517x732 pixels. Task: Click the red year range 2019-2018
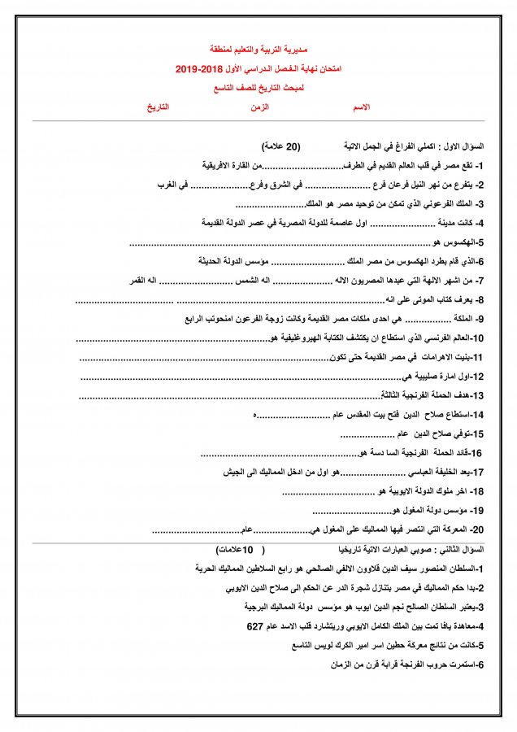198,71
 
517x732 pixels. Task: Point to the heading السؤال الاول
463,146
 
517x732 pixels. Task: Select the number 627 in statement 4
256,627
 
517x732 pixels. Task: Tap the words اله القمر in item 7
144,281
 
